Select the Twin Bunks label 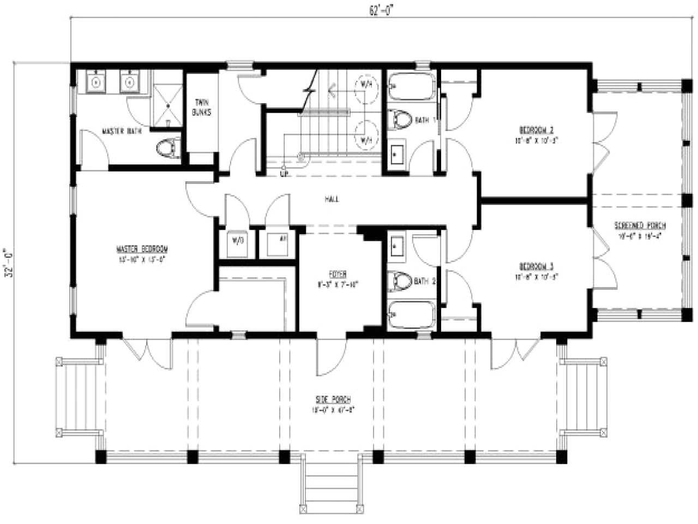[x=201, y=107]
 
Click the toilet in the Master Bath [x=167, y=148]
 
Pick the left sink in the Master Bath [x=96, y=82]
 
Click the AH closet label [x=282, y=239]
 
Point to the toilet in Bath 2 [x=401, y=281]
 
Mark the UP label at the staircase [x=284, y=174]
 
